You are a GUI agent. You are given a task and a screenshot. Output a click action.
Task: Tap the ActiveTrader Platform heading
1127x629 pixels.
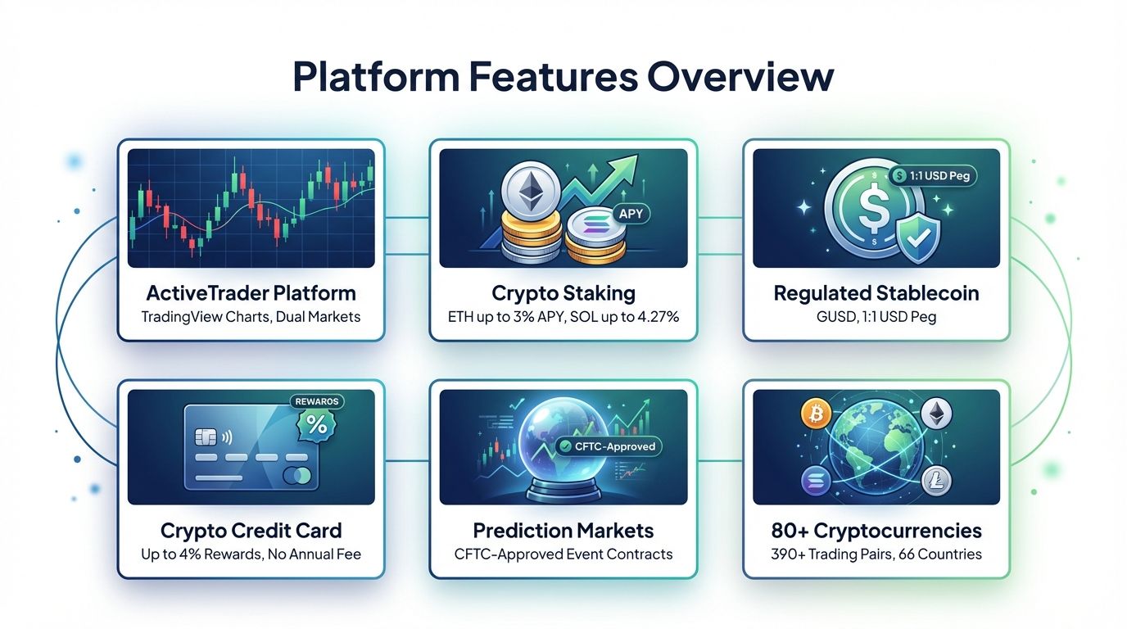pyautogui.click(x=251, y=293)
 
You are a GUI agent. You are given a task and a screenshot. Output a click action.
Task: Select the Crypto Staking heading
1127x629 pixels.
pyautogui.click(x=563, y=293)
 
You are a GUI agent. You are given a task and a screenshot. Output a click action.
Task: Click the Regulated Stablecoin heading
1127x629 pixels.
pyautogui.click(x=876, y=293)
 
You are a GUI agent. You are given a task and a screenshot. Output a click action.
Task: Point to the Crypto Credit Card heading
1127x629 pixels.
pyautogui.click(x=251, y=531)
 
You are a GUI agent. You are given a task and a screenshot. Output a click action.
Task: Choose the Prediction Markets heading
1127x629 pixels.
pyautogui.click(x=563, y=531)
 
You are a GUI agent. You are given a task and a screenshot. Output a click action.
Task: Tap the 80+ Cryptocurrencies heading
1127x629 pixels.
pyautogui.click(x=876, y=531)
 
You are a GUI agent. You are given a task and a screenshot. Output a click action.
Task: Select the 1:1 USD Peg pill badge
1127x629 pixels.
pyautogui.click(x=934, y=174)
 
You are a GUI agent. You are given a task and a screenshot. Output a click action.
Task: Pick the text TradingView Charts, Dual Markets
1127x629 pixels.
pyautogui.click(x=251, y=316)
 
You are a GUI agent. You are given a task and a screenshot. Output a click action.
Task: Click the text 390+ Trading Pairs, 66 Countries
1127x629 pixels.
pyautogui.click(x=876, y=554)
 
